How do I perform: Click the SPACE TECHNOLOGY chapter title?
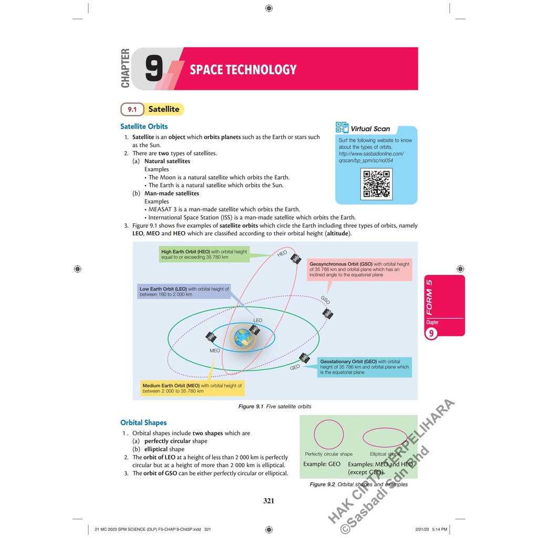click(243, 69)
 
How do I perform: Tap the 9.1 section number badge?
click(132, 109)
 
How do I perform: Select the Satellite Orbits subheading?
click(144, 127)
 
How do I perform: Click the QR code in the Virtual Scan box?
click(376, 184)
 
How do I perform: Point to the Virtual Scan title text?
click(370, 129)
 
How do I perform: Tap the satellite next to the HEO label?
click(296, 258)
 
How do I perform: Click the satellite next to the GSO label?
click(328, 314)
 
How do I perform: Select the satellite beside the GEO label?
click(305, 358)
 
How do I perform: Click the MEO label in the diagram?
click(214, 350)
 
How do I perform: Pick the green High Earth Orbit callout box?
click(204, 254)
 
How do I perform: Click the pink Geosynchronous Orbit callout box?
click(359, 269)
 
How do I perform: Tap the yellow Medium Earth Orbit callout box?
click(192, 388)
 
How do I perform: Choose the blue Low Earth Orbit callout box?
click(184, 292)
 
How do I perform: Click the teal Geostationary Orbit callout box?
click(364, 367)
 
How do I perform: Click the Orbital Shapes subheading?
click(143, 422)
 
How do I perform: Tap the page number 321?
click(268, 501)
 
